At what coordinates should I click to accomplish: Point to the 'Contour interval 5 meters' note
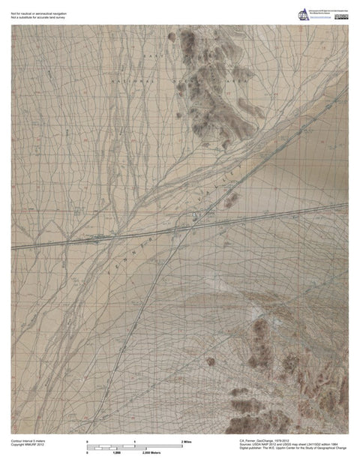coord(27,441)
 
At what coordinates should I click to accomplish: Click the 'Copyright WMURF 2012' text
coord(25,445)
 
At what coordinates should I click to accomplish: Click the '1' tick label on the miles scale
coord(134,442)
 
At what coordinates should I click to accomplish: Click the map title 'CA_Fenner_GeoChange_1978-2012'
coord(269,442)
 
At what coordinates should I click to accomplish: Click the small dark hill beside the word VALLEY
coord(232,200)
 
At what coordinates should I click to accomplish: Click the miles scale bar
coord(133,446)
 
